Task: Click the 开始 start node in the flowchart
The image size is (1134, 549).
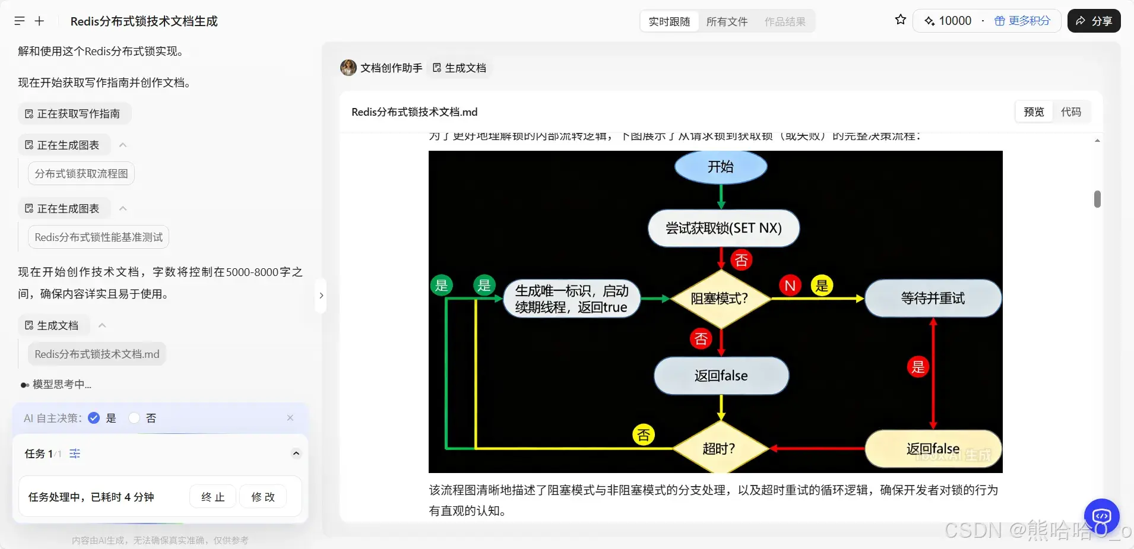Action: (721, 167)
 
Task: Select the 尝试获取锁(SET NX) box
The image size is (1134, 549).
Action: (723, 228)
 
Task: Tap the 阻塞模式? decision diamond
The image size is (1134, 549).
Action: (720, 299)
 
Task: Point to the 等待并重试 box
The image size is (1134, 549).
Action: (932, 298)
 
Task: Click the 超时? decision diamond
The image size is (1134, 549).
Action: (720, 449)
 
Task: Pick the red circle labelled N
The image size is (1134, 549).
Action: (790, 285)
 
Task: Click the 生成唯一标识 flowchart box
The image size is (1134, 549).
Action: (571, 299)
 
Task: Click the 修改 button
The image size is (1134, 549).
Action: (263, 497)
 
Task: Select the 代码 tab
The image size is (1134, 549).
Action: (1070, 112)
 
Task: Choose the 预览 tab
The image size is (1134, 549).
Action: (1034, 112)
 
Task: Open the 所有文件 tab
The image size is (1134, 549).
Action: (727, 21)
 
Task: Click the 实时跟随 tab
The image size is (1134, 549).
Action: (669, 21)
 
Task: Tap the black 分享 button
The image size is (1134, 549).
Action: (1094, 21)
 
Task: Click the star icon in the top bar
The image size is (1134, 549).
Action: (900, 20)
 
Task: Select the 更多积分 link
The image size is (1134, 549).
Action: (1022, 21)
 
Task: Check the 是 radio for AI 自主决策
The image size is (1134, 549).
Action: (94, 418)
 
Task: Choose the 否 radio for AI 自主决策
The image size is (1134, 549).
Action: (134, 418)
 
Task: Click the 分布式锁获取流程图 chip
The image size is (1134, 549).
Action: (81, 173)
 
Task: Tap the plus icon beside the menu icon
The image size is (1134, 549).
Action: (39, 21)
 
